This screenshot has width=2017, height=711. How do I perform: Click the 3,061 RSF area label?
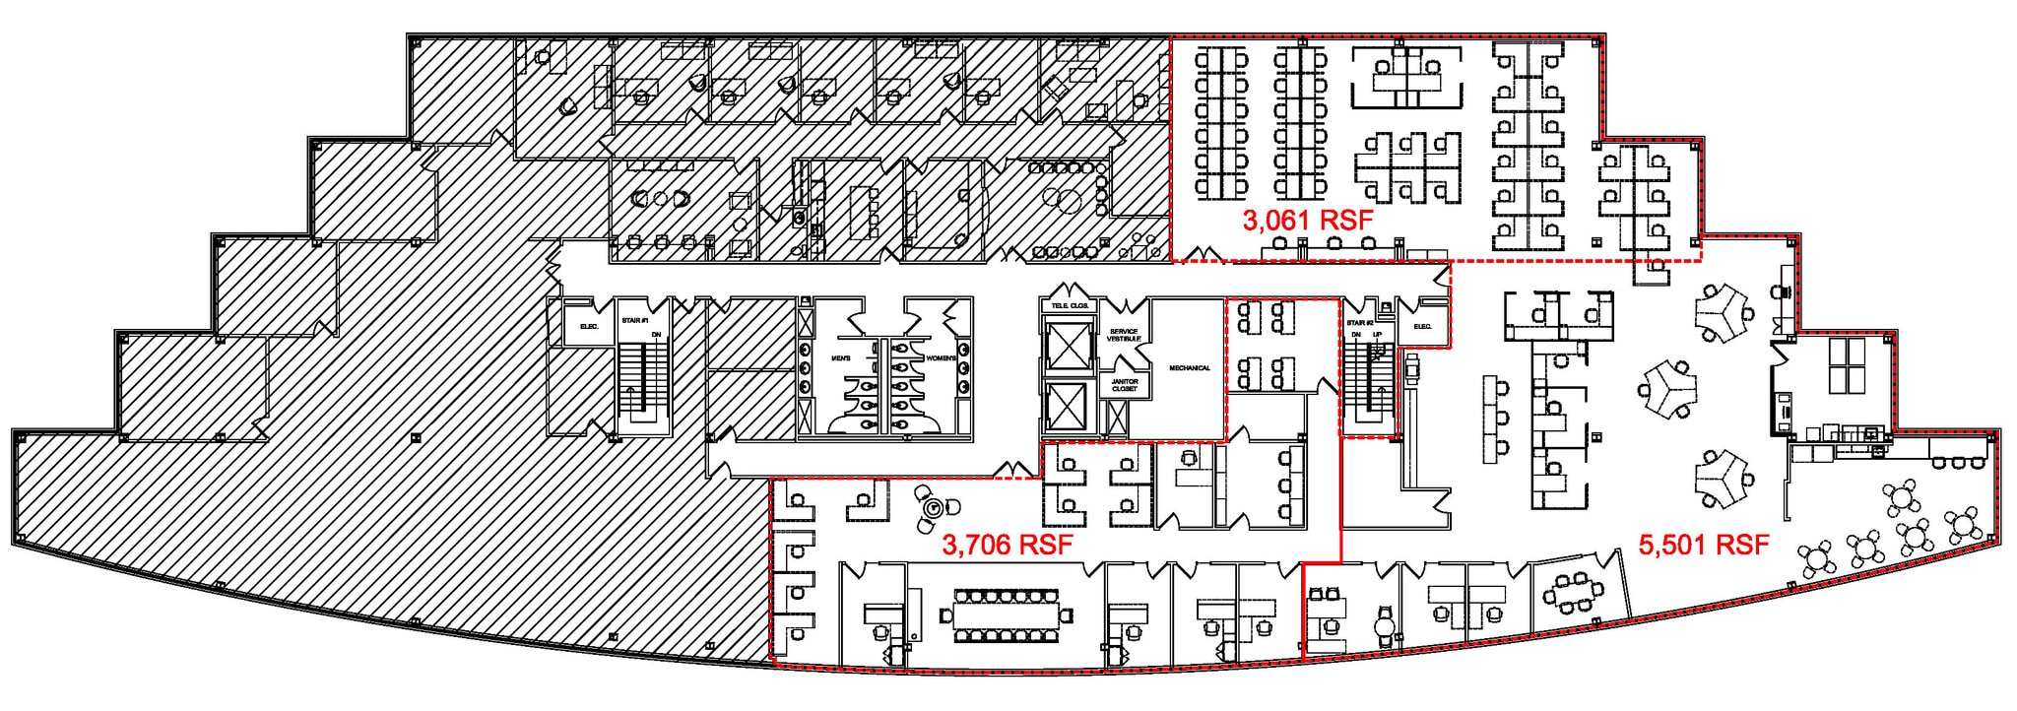pos(1307,221)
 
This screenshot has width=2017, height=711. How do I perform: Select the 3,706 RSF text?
pos(1007,545)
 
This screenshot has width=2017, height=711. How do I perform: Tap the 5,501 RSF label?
pos(1704,544)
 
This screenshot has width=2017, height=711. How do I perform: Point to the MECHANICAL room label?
pos(1189,368)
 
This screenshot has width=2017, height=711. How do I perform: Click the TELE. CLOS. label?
pos(1070,305)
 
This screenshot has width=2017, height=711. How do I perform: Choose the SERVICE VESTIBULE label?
pos(1124,335)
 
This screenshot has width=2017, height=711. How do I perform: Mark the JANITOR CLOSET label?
pos(1125,385)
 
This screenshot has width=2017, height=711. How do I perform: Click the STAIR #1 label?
pos(634,320)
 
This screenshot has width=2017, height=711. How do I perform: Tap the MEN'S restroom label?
pos(841,358)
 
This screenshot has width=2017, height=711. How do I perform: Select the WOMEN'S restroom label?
pos(940,358)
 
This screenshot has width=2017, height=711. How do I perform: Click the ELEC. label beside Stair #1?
pos(589,326)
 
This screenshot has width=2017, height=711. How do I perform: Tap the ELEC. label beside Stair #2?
pos(1422,326)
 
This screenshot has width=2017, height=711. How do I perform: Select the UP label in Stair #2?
pos(1377,335)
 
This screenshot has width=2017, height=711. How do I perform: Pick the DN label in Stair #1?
pos(656,335)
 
